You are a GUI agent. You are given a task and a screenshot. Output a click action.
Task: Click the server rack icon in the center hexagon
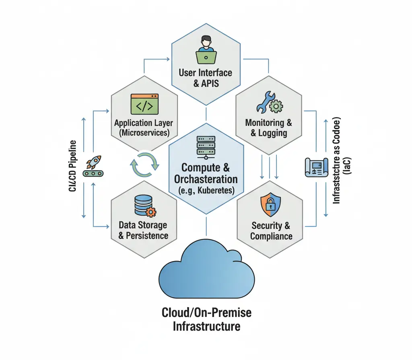pos(206,146)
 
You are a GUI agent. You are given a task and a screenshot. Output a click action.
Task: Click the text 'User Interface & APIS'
pos(206,78)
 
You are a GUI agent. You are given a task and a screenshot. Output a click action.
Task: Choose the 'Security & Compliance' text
pos(271,231)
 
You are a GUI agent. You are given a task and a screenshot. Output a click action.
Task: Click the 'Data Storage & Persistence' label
pos(143,230)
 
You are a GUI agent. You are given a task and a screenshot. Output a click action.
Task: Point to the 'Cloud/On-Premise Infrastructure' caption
pos(206,319)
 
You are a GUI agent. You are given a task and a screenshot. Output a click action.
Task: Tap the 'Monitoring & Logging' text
pos(269,128)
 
